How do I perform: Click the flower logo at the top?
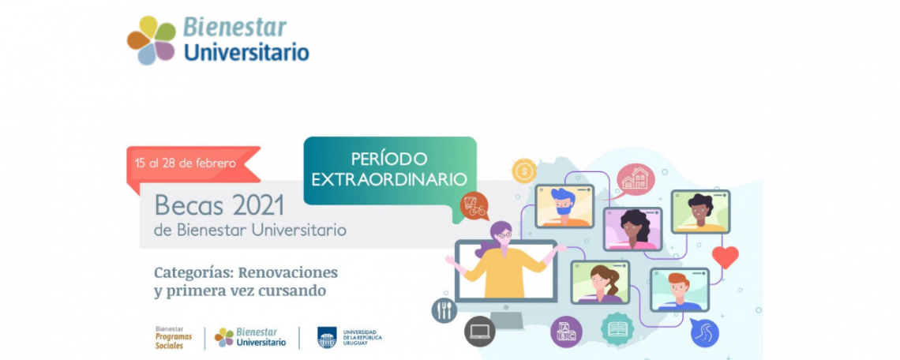click(x=152, y=40)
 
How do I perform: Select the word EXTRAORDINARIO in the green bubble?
click(x=389, y=179)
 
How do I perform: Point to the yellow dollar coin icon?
click(x=524, y=171)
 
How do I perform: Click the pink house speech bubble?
click(x=635, y=178)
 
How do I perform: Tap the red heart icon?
click(x=725, y=257)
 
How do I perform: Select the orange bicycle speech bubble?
click(x=474, y=206)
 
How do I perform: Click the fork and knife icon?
click(x=444, y=310)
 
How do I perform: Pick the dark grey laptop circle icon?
click(x=479, y=332)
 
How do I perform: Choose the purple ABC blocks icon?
click(x=566, y=332)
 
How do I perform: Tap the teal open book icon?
click(x=617, y=329)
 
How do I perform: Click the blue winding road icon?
click(x=704, y=332)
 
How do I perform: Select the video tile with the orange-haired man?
click(x=680, y=290)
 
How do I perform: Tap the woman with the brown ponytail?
click(x=600, y=283)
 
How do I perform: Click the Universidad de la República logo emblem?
click(x=327, y=337)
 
